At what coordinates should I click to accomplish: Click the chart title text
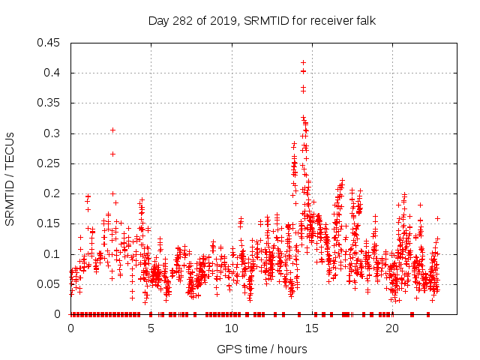(x=261, y=21)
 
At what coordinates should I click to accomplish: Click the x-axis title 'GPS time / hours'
(x=261, y=349)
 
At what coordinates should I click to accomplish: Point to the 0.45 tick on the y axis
(x=50, y=43)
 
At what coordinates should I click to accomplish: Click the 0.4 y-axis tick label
(x=53, y=73)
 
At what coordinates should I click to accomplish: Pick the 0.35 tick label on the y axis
(x=50, y=103)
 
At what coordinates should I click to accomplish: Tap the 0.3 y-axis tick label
(x=53, y=133)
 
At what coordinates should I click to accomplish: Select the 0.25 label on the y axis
(x=50, y=163)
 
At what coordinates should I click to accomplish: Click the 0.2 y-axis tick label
(x=53, y=193)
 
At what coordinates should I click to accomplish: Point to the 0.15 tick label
(x=50, y=224)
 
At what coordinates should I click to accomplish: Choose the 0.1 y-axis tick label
(x=53, y=254)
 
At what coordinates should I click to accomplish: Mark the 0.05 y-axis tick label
(x=50, y=284)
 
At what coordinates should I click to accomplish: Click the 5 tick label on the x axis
(x=151, y=328)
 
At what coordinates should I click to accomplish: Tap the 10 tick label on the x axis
(x=231, y=328)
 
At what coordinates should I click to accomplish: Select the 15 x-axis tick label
(x=311, y=328)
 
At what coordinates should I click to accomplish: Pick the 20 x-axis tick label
(x=392, y=328)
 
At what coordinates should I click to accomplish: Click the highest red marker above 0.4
(x=303, y=63)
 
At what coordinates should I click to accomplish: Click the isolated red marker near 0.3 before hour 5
(x=112, y=130)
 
